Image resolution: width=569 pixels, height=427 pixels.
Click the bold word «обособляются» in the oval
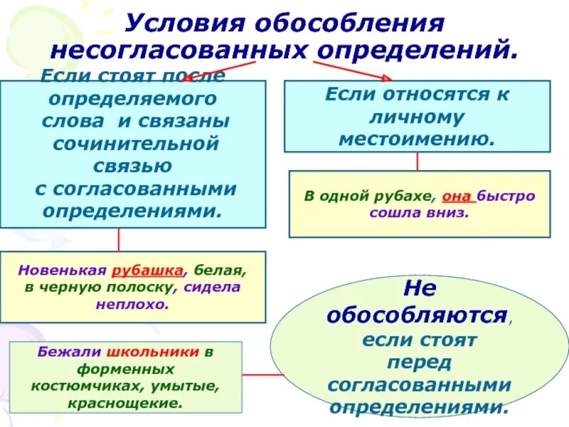418,315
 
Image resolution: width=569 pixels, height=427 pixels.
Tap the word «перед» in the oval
419,362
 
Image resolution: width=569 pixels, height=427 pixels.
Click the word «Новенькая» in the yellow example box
63,271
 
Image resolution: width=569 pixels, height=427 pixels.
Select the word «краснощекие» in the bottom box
127,402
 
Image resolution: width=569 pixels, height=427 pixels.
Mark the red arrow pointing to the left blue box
206,70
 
